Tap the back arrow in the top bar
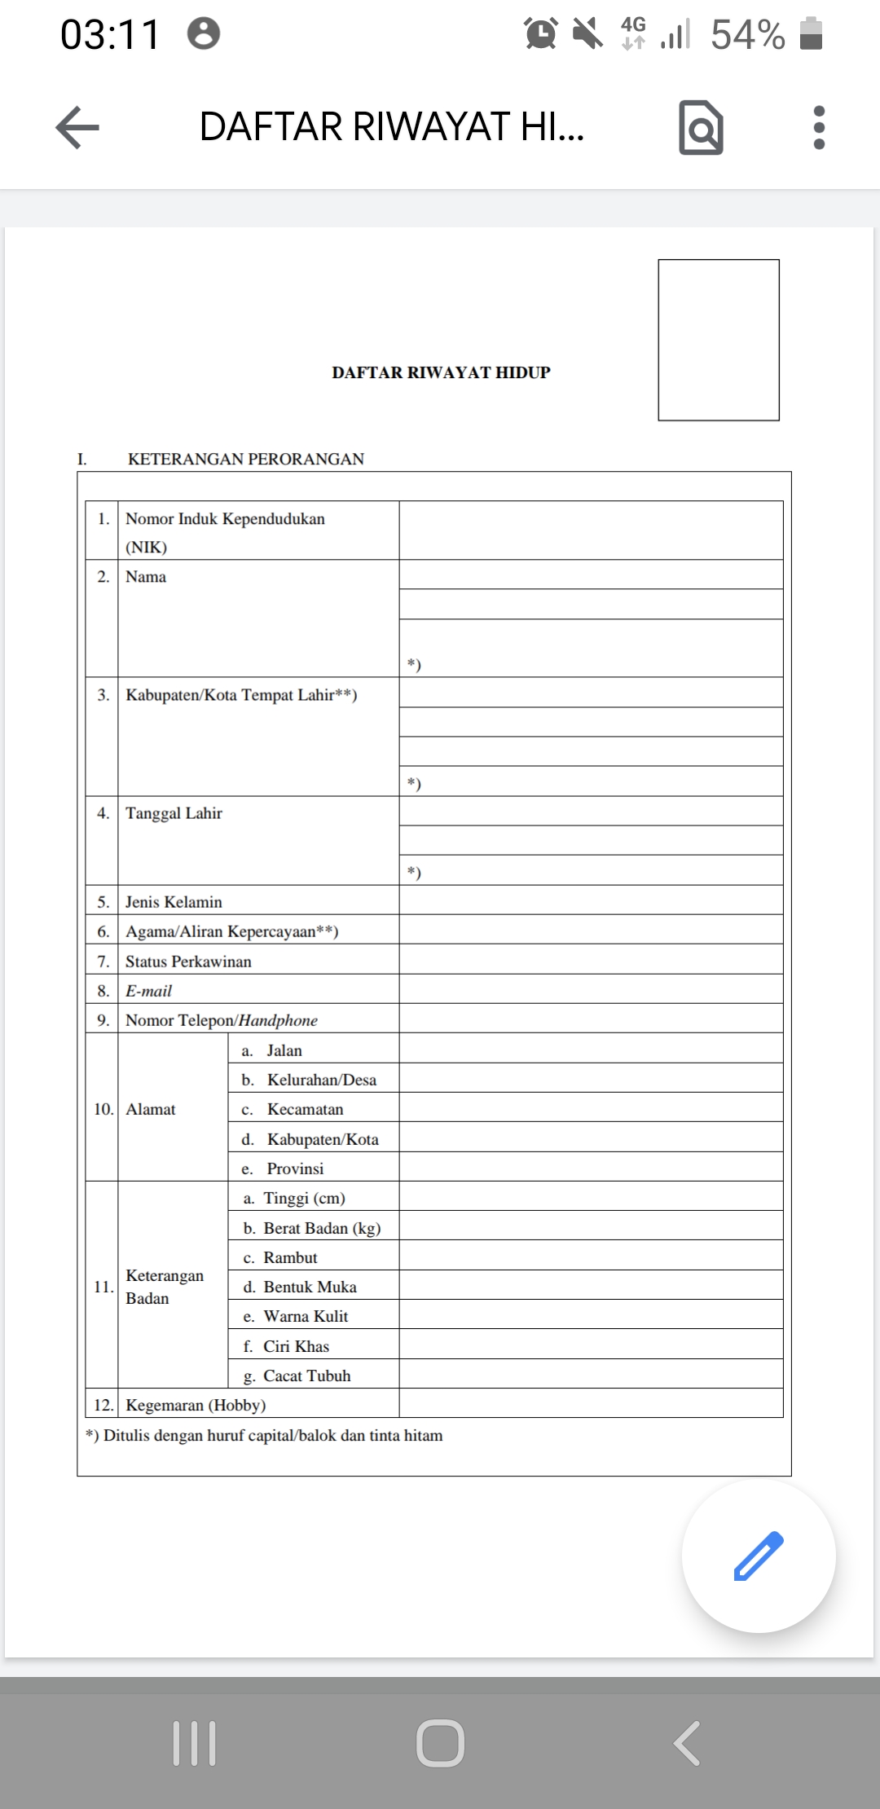(77, 128)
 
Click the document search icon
(701, 128)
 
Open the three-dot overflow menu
(819, 128)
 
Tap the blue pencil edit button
(759, 1556)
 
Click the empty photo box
(719, 340)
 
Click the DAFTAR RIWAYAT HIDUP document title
(441, 372)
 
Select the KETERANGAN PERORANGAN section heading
(245, 459)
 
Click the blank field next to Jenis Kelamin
(591, 900)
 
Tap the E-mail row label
(148, 991)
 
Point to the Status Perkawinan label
(188, 962)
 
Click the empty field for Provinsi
(591, 1167)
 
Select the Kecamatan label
(305, 1109)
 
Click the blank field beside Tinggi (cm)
(591, 1196)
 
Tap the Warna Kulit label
(306, 1316)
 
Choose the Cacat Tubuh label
(306, 1375)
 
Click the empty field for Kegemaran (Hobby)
(591, 1403)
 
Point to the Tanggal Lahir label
(174, 813)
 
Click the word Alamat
(151, 1109)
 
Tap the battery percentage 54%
(747, 35)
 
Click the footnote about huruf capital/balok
(265, 1436)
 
